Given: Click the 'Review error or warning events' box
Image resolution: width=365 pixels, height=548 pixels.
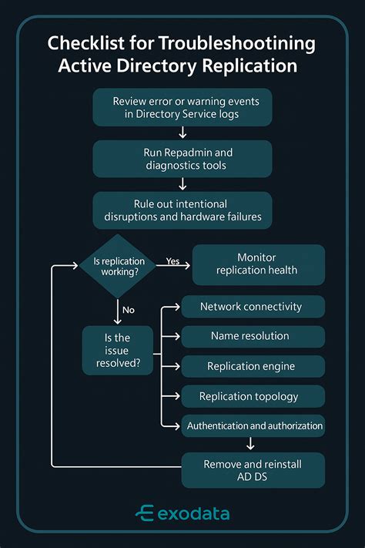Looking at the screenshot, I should [182, 108].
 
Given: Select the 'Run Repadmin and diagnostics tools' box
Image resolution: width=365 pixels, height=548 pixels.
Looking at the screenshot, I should [182, 159].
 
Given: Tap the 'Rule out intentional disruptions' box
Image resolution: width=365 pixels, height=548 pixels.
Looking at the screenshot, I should [182, 210].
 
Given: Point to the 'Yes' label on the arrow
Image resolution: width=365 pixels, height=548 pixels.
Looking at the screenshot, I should [173, 261].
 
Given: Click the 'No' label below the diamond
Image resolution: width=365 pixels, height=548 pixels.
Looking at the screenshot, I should [129, 310].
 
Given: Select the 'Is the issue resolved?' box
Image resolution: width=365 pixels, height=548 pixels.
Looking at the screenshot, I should [117, 349].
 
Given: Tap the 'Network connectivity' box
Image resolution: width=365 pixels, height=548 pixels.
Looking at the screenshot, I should [251, 307].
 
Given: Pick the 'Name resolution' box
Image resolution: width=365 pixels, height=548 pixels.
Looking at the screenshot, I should [251, 337].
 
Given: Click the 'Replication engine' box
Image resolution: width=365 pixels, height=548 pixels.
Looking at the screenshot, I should [251, 367].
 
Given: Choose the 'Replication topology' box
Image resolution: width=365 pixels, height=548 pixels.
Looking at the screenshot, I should [251, 396].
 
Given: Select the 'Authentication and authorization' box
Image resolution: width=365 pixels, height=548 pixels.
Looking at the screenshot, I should [255, 425].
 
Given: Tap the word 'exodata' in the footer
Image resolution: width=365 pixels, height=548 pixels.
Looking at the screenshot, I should [193, 514].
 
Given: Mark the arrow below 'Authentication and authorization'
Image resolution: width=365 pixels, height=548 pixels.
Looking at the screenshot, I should [251, 443].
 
